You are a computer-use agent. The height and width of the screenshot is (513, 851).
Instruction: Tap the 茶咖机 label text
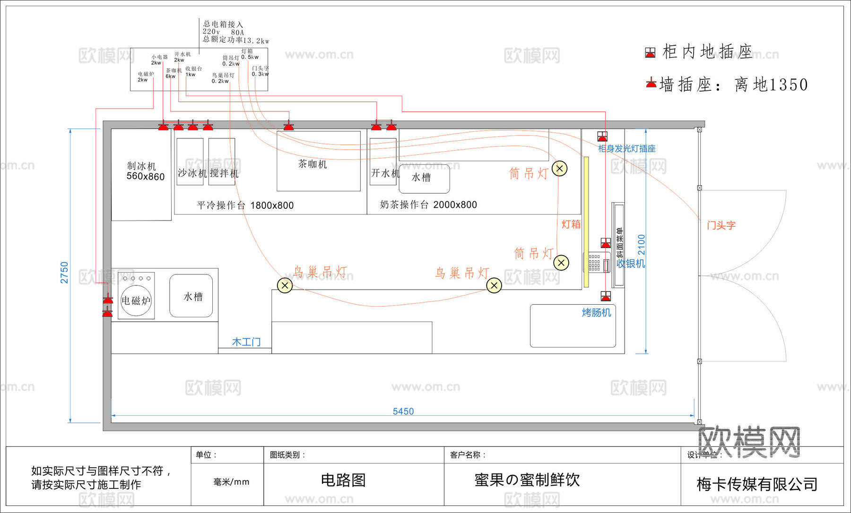[x=313, y=164]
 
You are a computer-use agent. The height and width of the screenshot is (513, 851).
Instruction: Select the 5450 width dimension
[x=403, y=411]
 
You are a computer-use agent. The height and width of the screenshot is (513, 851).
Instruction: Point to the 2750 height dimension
[x=64, y=273]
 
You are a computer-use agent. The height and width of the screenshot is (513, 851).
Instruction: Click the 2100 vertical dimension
[x=641, y=245]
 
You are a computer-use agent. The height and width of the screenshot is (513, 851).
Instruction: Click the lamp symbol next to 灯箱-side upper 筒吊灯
[x=560, y=168]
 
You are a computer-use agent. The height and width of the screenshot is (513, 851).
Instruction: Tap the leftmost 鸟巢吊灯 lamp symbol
[x=285, y=285]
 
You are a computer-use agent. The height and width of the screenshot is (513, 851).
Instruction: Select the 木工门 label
[x=246, y=342]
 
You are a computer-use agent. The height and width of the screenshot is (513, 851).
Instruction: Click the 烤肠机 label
[x=596, y=313]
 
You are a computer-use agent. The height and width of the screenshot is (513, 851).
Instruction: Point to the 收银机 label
[x=630, y=264]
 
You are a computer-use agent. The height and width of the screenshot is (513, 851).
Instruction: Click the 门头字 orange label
[x=721, y=225]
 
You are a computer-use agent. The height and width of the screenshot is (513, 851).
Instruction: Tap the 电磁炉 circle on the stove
[x=136, y=300]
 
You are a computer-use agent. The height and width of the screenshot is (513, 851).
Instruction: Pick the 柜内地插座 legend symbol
[x=650, y=52]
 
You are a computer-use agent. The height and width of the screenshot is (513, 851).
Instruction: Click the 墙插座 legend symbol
[x=651, y=84]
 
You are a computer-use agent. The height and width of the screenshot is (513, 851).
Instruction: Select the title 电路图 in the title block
[x=343, y=480]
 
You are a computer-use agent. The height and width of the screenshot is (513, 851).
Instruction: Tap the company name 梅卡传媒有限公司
[x=757, y=484]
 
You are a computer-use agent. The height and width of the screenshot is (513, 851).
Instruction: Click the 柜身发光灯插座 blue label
[x=626, y=149]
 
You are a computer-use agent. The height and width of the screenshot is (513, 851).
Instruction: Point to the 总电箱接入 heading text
[x=223, y=24]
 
